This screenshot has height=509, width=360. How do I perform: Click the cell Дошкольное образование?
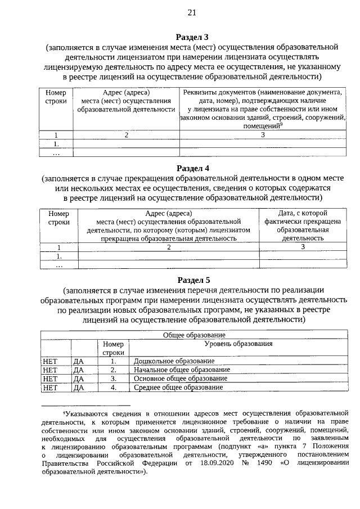coord(174,361)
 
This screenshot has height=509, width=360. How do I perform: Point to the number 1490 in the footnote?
coord(262,463)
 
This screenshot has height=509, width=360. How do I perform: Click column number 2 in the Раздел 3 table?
coord(127,135)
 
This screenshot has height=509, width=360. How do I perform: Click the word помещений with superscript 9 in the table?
coord(261,127)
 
